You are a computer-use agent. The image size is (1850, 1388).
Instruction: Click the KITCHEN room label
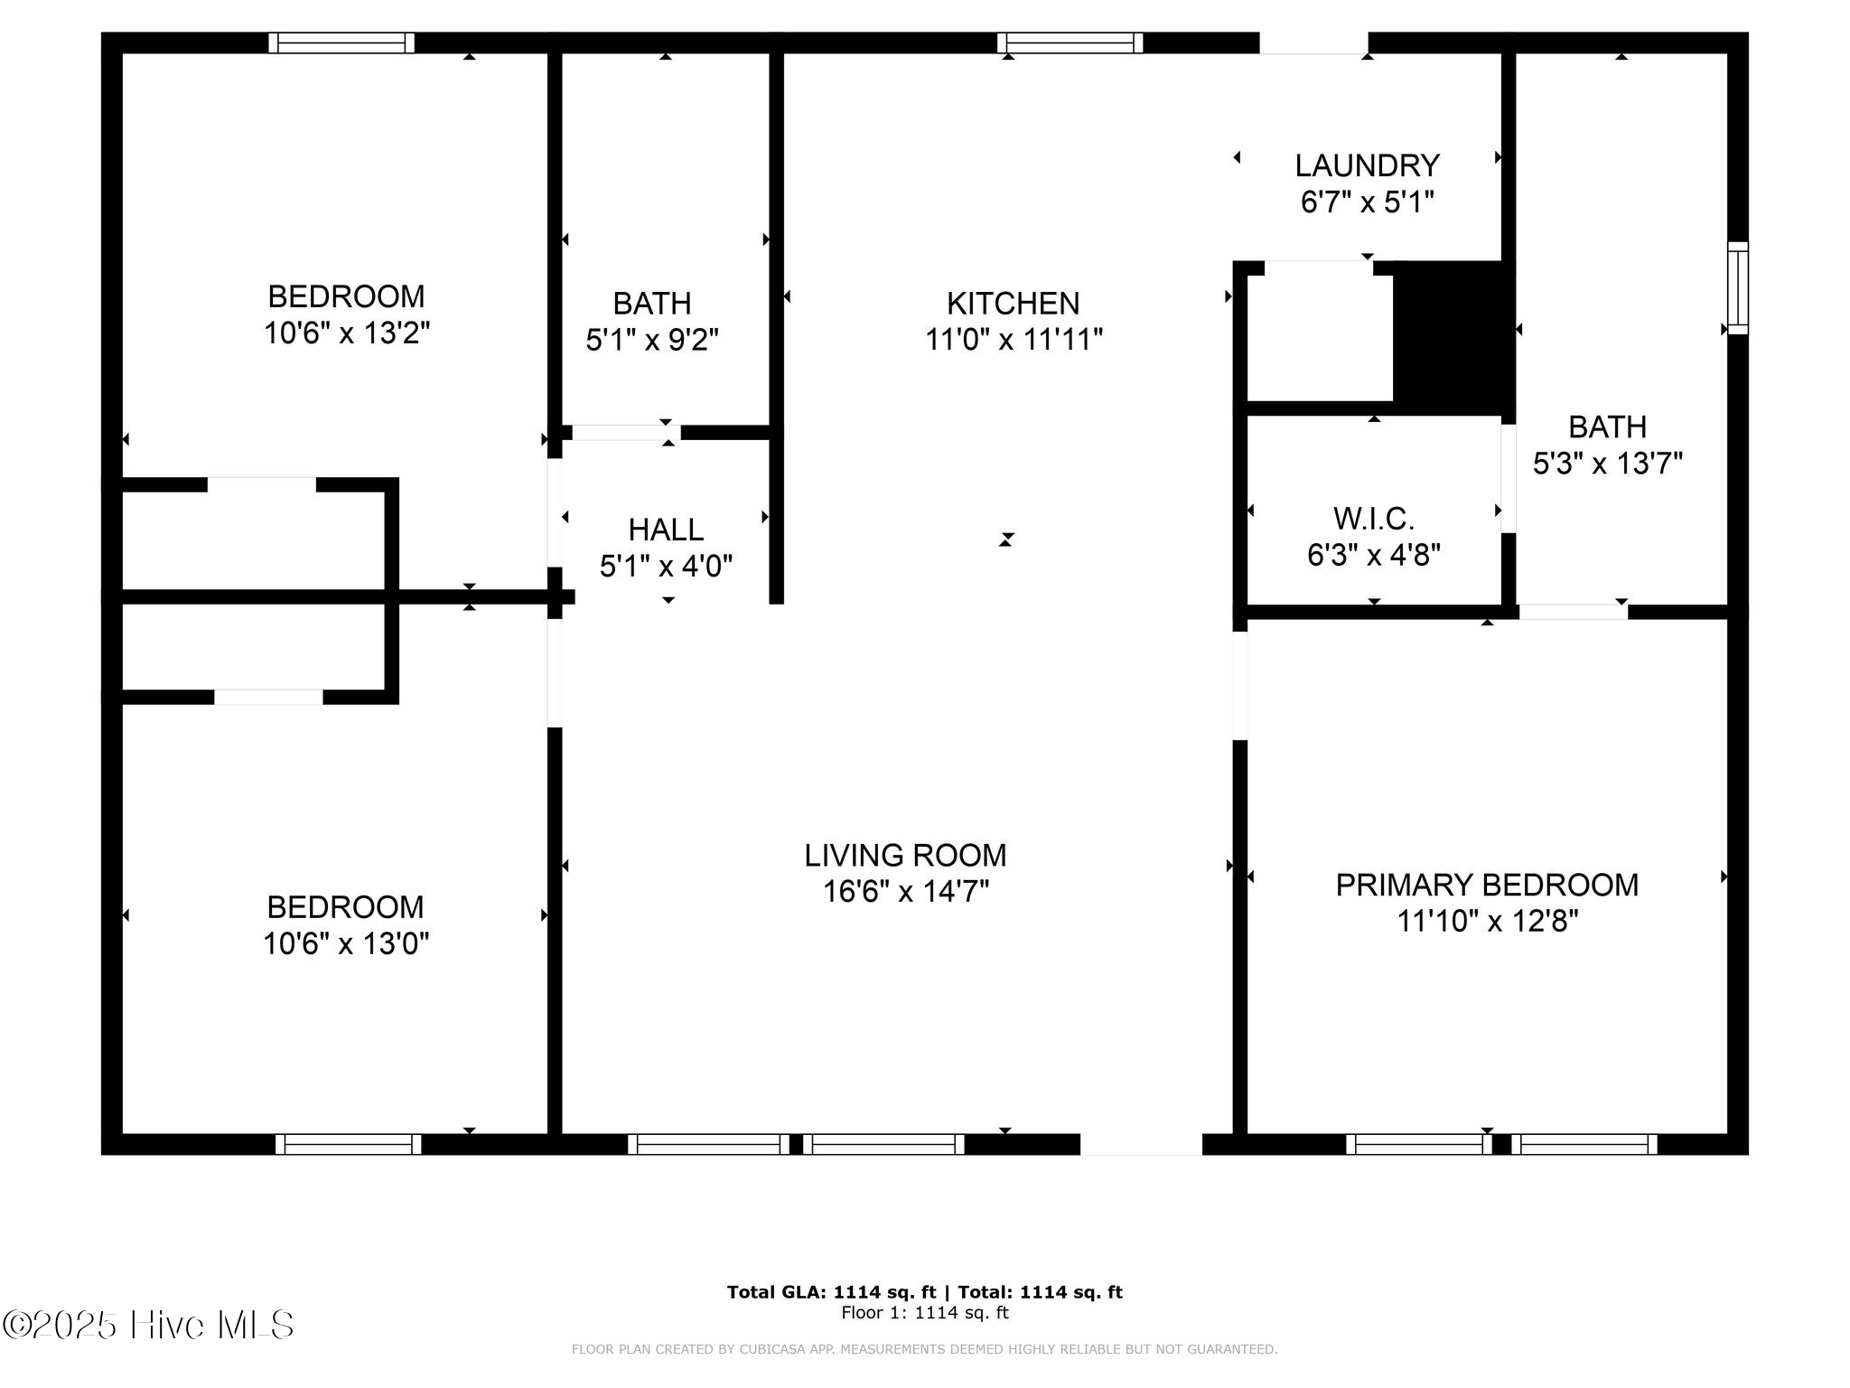[x=1013, y=303]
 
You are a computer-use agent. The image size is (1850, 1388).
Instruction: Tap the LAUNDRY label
[x=1367, y=165]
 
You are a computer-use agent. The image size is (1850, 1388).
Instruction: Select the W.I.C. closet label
[x=1373, y=519]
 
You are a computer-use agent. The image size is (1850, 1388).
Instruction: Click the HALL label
[x=666, y=530]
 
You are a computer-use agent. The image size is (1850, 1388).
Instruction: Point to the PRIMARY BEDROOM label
[x=1487, y=885]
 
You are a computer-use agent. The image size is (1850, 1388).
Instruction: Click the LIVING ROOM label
[x=905, y=855]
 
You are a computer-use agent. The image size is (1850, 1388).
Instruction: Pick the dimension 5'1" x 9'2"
[x=652, y=340]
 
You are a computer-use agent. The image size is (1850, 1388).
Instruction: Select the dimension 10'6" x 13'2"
[x=346, y=333]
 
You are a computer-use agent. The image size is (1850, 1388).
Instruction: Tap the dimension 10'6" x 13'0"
[x=345, y=944]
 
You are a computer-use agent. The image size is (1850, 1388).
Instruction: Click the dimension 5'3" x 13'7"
[x=1607, y=464]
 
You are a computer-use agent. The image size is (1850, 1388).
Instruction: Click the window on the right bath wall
[x=1737, y=287]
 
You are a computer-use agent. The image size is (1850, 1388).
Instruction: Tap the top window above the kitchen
[x=1070, y=42]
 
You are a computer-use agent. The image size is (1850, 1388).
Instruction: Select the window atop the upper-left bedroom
[x=341, y=42]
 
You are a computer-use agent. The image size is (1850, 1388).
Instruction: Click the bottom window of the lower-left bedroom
[x=348, y=1144]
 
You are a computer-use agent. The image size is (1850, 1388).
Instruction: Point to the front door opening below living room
[x=1141, y=1144]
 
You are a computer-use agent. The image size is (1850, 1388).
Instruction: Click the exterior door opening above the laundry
[x=1313, y=42]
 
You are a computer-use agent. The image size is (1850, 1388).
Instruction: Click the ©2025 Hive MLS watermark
[x=148, y=1325]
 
